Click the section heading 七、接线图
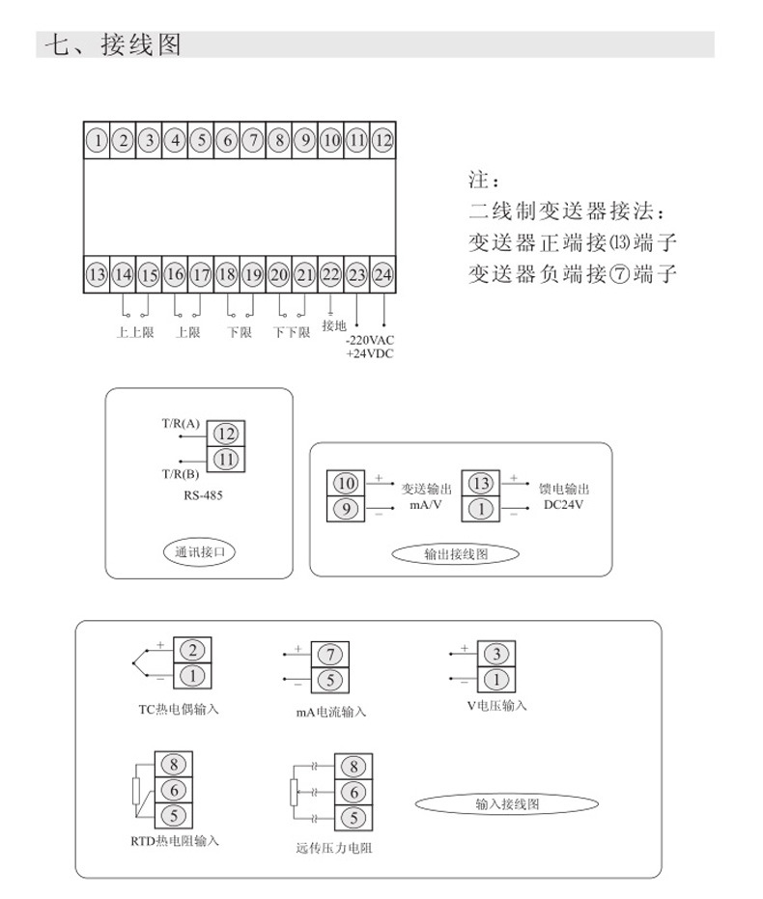pos(114,44)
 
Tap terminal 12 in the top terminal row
pos(383,140)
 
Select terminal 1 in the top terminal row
pos(97,140)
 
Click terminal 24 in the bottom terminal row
pos(383,275)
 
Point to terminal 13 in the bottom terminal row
pos(97,275)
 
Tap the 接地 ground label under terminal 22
pos(333,325)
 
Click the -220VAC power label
pos(370,340)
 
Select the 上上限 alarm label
pos(135,332)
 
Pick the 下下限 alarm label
pos(290,332)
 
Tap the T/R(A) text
pos(181,423)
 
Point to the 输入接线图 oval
pos(506,803)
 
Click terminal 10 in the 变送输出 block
pos(348,483)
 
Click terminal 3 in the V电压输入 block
pos(495,654)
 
